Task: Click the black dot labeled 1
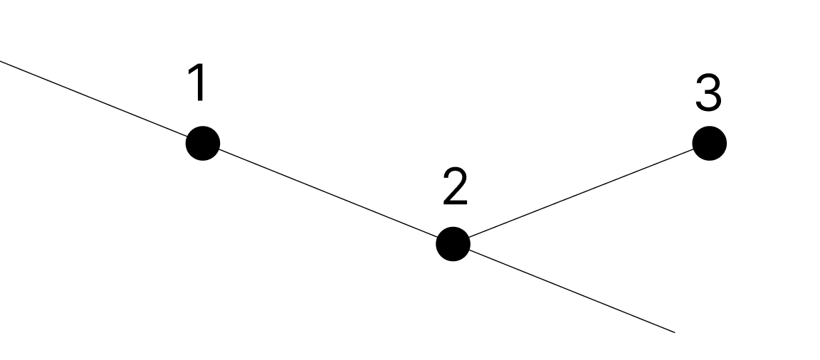click(203, 143)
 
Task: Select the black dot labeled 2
click(453, 244)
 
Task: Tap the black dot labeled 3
click(709, 144)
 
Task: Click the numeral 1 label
click(199, 83)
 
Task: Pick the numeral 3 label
click(708, 94)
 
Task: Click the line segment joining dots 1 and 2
click(327, 194)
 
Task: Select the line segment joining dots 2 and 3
click(581, 194)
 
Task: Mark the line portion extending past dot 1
click(100, 101)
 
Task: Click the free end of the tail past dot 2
click(673, 332)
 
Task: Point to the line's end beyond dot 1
click(1, 60)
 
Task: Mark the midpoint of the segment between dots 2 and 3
click(581, 194)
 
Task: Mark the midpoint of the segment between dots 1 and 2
click(327, 194)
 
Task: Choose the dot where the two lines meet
click(453, 244)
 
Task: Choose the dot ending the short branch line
click(709, 144)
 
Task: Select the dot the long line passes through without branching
click(203, 143)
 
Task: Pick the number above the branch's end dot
click(708, 94)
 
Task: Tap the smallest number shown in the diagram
click(199, 83)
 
